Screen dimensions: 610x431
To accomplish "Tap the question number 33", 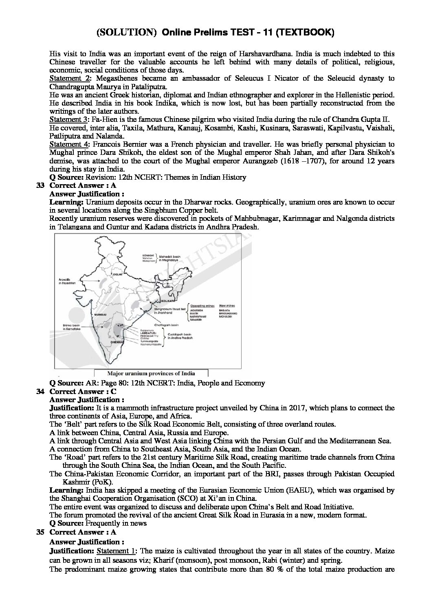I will pyautogui.click(x=40, y=185).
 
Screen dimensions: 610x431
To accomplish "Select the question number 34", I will pyautogui.click(x=40, y=392).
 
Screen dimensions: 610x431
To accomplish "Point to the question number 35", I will pyautogui.click(x=40, y=532).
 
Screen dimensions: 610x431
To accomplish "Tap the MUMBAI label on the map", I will pyautogui.click(x=99, y=315).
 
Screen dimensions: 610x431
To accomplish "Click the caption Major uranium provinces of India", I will pyautogui.click(x=151, y=373).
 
